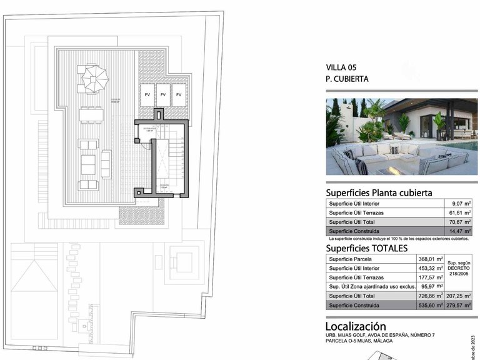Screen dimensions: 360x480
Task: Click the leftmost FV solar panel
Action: pos(147,94)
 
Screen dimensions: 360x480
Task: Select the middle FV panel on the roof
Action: pos(163,94)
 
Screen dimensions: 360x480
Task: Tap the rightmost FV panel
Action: pos(179,94)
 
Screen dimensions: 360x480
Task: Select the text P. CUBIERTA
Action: pos(347,79)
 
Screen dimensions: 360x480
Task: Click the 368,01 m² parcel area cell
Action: pos(431,259)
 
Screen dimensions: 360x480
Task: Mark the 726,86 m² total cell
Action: pos(431,296)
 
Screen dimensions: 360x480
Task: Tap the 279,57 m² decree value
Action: pos(459,306)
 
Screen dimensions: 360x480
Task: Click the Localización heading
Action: pos(356,326)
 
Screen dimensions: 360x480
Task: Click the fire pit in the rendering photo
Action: pos(394,169)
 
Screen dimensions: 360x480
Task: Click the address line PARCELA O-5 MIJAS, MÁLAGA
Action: pos(369,342)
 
